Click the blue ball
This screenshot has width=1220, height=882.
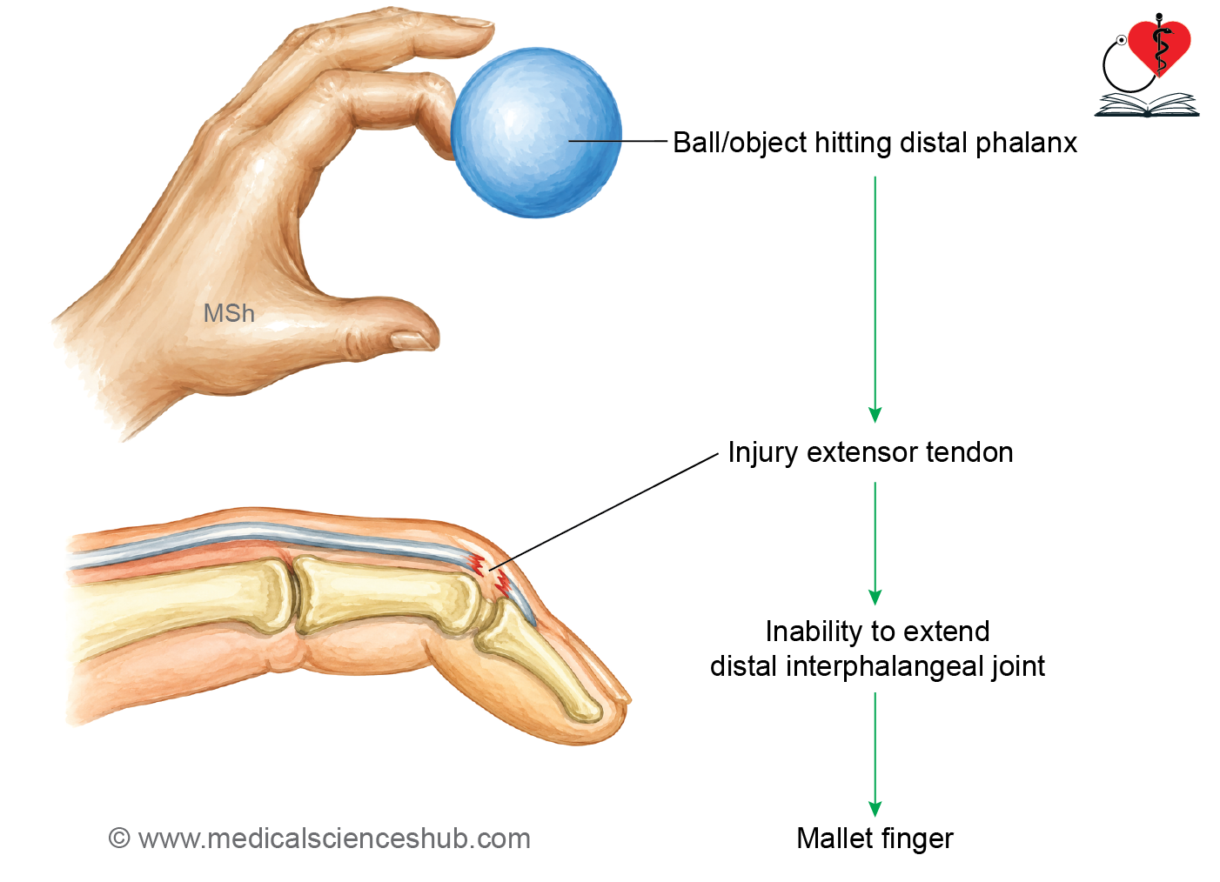click(x=537, y=133)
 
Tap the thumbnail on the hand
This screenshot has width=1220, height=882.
click(x=412, y=340)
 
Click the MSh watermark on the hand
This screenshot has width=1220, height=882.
click(x=229, y=314)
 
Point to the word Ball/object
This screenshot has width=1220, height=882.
click(x=741, y=144)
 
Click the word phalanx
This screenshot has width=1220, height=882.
click(x=1026, y=144)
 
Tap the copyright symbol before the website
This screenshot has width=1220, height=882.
click(x=119, y=839)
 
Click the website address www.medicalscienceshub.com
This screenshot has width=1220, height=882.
click(x=334, y=839)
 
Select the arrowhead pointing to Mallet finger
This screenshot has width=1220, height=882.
click(x=875, y=810)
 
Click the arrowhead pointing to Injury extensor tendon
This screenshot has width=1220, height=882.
click(x=875, y=415)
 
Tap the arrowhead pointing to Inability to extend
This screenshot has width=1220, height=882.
click(x=875, y=598)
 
